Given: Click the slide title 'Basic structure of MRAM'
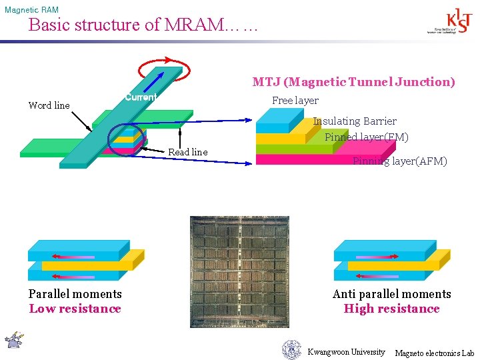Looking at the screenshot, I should click(141, 25).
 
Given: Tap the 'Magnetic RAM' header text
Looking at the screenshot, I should click(31, 10).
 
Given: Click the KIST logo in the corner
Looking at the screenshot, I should click(442, 21).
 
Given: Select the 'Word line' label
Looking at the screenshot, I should click(49, 105).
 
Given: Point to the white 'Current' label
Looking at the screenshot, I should click(140, 97).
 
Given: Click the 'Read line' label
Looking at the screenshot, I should click(187, 152).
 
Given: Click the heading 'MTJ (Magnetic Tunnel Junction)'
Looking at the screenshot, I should click(353, 82).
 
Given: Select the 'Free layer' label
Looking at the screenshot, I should click(295, 101).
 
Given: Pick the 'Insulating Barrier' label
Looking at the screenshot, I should click(355, 121).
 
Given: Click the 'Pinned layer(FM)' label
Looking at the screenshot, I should click(367, 137).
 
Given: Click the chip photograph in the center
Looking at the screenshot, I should click(240, 271).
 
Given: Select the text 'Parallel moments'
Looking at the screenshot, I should click(75, 294).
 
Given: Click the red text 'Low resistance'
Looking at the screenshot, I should click(75, 309).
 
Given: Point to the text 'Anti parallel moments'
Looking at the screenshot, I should click(391, 294).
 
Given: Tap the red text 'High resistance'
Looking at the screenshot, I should click(391, 309).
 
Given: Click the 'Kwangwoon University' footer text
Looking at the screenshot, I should click(346, 352).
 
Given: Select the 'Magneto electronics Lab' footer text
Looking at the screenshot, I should click(435, 353).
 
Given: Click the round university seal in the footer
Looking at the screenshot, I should click(291, 349).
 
